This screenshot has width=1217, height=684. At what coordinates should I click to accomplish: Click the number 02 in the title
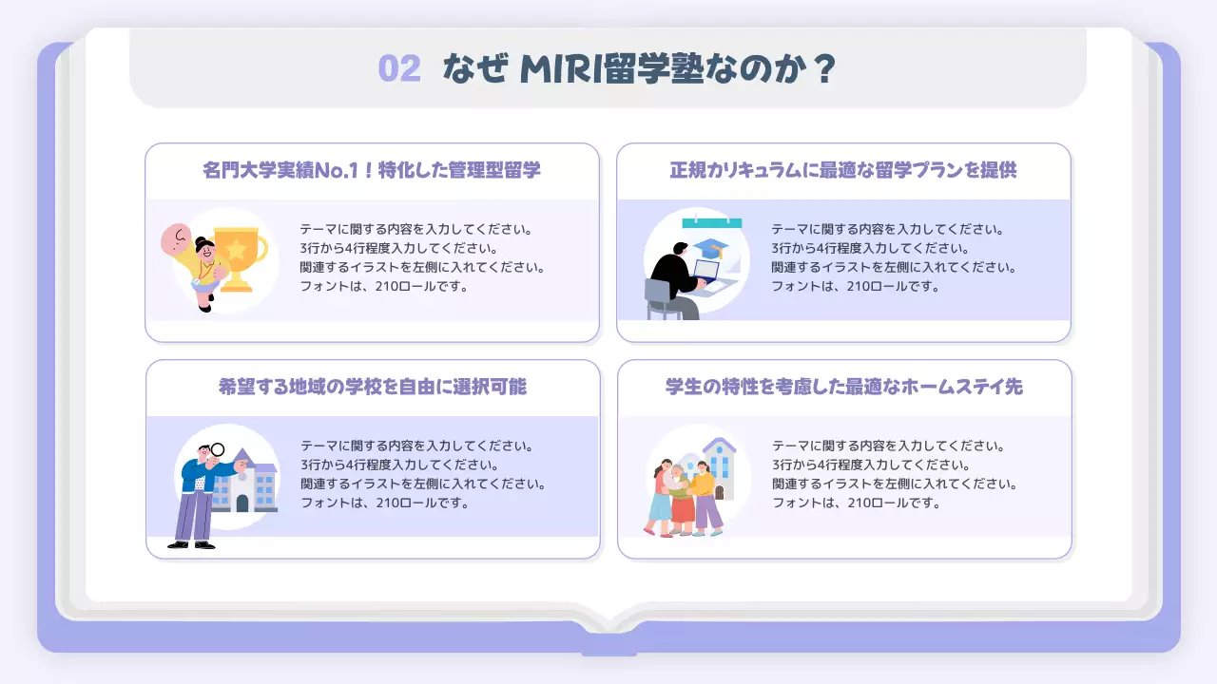click(399, 69)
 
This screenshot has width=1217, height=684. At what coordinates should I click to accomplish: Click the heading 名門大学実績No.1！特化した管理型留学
click(372, 171)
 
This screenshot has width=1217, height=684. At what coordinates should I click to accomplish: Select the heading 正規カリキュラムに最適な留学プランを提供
click(843, 171)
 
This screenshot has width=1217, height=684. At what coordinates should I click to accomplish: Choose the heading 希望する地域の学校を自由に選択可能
click(373, 388)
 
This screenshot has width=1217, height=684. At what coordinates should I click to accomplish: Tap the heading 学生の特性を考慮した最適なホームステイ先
click(844, 388)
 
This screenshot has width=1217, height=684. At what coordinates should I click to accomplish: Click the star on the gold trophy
click(236, 249)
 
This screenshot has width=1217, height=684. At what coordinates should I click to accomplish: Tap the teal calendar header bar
click(711, 223)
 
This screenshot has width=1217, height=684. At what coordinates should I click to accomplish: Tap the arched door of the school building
click(242, 503)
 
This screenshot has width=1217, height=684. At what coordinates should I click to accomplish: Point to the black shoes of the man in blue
click(191, 544)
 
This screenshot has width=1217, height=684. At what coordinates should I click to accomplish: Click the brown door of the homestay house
click(720, 492)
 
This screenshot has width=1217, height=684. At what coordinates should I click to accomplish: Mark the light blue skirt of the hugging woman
click(660, 505)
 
